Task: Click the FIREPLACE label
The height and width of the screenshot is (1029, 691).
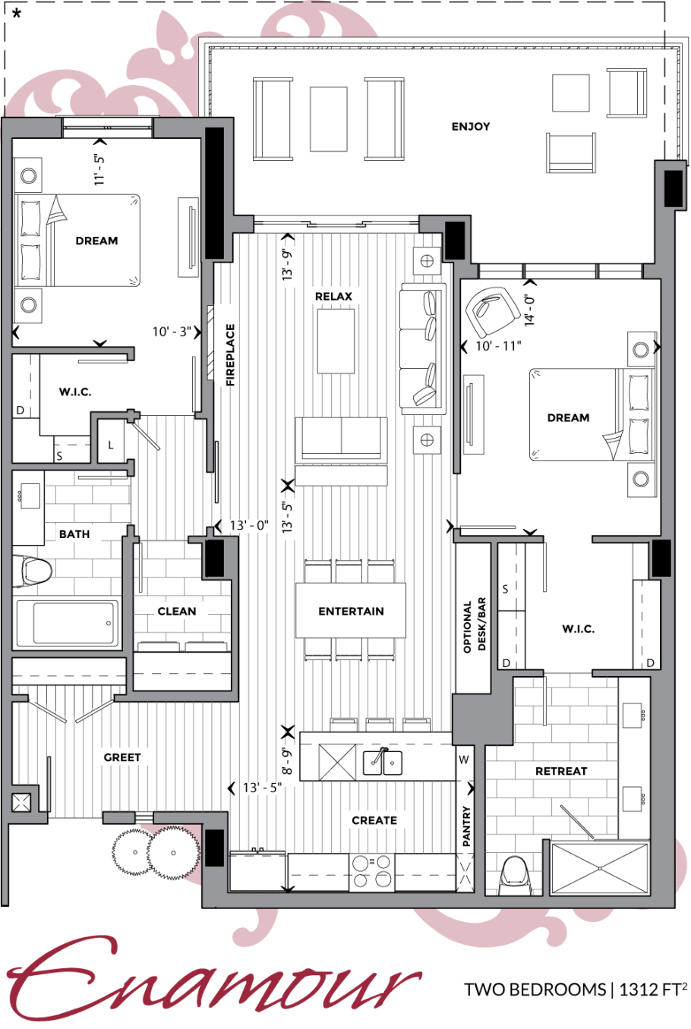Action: coord(230,354)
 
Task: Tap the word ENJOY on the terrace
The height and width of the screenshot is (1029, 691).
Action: coord(470,126)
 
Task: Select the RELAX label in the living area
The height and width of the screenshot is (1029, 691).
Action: coord(333,297)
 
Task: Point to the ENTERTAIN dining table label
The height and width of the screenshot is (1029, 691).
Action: coord(351,611)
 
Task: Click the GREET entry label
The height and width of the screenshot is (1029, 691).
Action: coord(121,757)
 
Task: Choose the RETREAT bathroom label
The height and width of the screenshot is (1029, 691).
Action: coord(561,771)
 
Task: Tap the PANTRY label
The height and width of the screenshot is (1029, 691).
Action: coord(466,826)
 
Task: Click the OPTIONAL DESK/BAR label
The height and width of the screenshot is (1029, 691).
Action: coord(475,625)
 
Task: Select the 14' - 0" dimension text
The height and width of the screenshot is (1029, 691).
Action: coord(530,310)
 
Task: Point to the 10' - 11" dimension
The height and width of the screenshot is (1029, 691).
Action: coord(498,346)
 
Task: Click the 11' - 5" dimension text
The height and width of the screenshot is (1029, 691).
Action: coord(99,170)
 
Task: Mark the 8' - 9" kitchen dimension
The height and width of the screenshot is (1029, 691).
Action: coord(287,761)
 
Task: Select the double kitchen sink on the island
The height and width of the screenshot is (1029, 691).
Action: coord(383,762)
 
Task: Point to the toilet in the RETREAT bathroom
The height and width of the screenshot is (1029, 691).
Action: coord(515,875)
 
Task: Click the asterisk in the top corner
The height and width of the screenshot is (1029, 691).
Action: coord(17,13)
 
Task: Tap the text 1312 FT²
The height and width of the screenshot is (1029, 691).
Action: coord(653,989)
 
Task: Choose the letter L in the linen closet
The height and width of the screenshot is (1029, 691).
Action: coord(111,445)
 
